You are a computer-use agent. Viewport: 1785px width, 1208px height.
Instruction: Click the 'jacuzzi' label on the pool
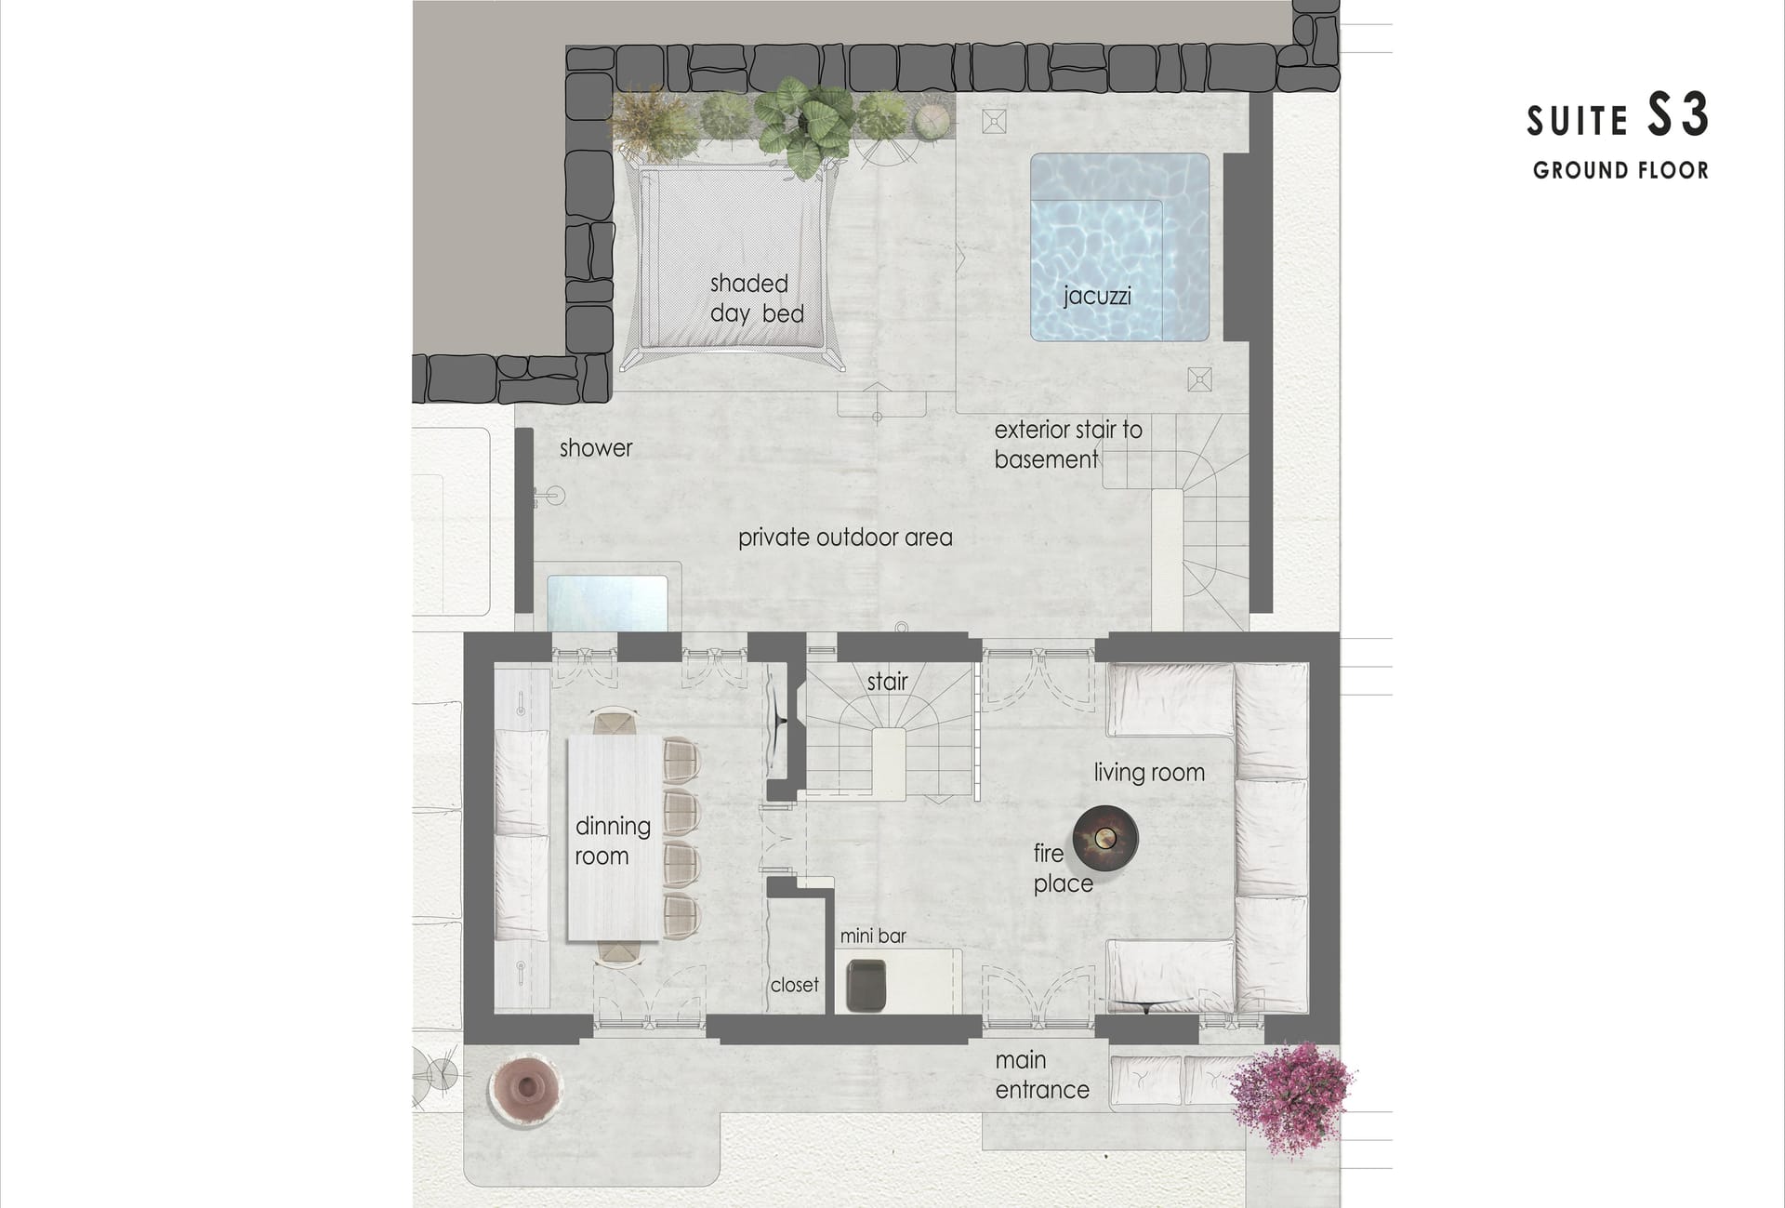(x=1097, y=297)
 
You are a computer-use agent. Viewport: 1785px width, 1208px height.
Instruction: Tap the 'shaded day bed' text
(x=757, y=299)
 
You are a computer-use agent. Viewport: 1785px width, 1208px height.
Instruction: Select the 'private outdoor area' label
(x=845, y=538)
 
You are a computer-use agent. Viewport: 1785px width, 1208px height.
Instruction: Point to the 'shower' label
(x=596, y=448)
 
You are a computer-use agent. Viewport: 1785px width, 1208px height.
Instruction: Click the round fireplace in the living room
(x=1105, y=838)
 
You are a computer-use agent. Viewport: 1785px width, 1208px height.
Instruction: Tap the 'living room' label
(x=1149, y=773)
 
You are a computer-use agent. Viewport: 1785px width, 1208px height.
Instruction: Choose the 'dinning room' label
(x=612, y=841)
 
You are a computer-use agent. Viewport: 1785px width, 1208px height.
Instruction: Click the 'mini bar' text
(x=873, y=936)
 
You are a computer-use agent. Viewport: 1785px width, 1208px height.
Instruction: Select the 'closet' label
(x=795, y=985)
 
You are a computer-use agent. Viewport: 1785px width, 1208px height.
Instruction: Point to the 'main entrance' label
(x=1042, y=1075)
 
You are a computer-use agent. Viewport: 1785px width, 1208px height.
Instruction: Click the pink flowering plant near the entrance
(x=1291, y=1098)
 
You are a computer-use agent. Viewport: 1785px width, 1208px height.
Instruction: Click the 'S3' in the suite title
(x=1678, y=115)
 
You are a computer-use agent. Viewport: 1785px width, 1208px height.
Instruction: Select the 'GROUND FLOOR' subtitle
(x=1620, y=170)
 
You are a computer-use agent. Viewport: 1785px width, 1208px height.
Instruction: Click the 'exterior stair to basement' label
(x=1068, y=445)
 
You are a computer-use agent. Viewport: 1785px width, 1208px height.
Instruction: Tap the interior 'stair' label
(x=887, y=682)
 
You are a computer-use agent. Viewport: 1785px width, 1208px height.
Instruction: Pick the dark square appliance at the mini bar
(x=866, y=986)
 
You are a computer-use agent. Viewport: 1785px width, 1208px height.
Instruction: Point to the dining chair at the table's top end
(x=615, y=723)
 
